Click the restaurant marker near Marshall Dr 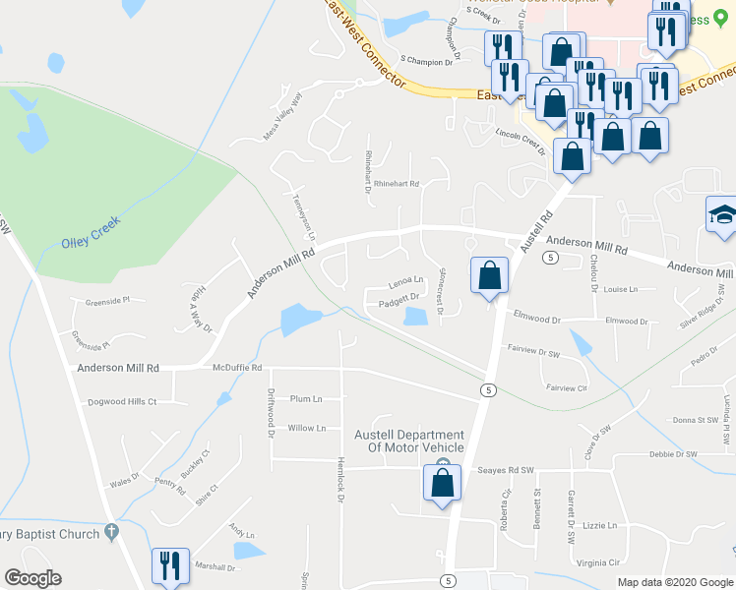click(169, 566)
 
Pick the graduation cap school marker click(722, 217)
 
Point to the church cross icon click(112, 532)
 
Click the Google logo click(33, 578)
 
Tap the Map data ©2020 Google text click(674, 582)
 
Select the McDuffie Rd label click(237, 368)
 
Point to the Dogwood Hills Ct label click(122, 401)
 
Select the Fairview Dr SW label click(532, 349)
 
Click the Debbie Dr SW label click(673, 454)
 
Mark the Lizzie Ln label click(597, 525)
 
